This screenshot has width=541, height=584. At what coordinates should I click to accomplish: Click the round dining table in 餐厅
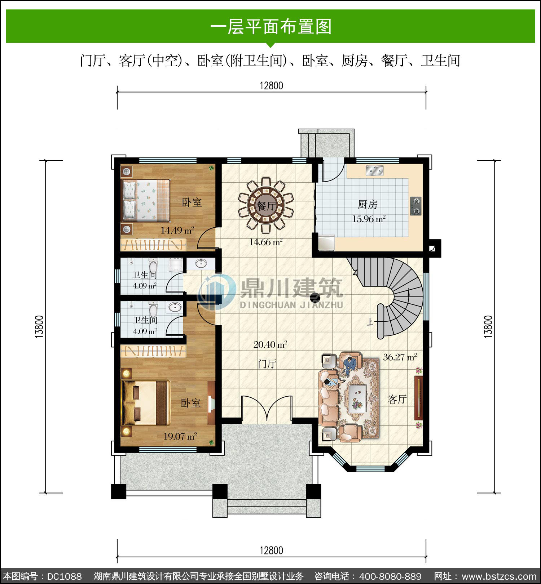(266, 206)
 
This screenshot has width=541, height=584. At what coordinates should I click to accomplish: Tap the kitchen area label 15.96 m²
(369, 219)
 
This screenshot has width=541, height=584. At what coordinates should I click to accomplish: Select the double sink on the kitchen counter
(375, 170)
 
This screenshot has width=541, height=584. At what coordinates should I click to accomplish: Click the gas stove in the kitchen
(416, 206)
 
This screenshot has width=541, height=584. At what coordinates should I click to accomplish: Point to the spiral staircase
(397, 295)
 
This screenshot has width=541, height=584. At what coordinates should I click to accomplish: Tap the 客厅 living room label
(397, 399)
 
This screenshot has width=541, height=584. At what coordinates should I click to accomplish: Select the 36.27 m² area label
(400, 357)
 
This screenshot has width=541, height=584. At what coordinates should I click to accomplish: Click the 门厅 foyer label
(267, 364)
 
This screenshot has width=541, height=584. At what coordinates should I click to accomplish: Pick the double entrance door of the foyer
(267, 408)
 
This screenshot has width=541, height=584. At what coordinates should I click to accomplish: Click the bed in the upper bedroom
(146, 200)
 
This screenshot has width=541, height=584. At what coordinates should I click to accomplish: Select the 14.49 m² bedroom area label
(177, 230)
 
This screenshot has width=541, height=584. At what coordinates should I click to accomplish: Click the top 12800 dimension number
(271, 86)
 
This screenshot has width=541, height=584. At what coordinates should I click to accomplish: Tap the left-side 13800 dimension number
(39, 326)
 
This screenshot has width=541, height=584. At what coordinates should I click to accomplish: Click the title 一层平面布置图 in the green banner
(270, 27)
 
